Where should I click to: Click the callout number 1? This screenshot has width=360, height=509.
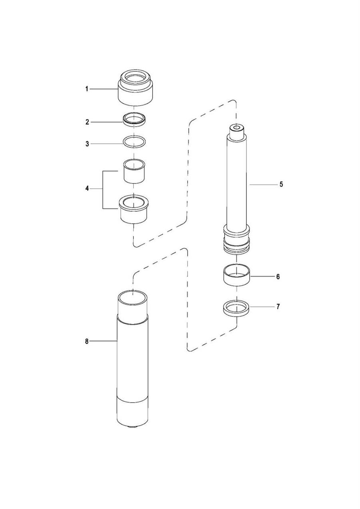pos(86,89)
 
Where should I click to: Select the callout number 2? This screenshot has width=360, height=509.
pos(87,122)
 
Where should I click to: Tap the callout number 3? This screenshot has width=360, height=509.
pos(87,144)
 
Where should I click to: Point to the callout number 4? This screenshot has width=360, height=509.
pos(87,188)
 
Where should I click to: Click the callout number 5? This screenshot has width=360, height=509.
pos(281,184)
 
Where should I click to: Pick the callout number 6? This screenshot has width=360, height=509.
pos(278,277)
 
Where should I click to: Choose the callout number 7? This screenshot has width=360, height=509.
pos(278,307)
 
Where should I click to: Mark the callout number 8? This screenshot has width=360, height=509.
pos(86,341)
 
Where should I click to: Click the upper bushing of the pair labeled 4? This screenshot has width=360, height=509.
pos(134,171)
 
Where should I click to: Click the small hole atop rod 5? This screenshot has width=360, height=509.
pos(237,127)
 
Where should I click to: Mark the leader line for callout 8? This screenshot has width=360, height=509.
pos(103,341)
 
